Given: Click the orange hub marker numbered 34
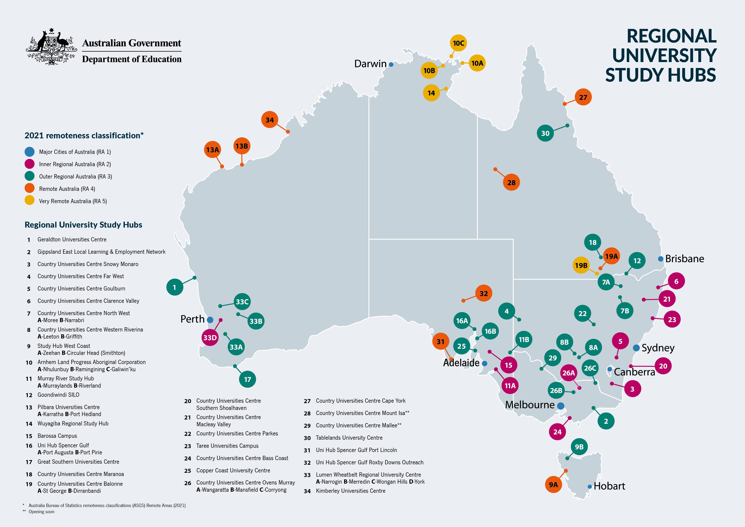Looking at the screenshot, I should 270,120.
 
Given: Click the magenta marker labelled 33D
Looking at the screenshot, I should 210,338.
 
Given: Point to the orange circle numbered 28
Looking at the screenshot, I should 511,183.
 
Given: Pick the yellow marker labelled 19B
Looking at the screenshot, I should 581,265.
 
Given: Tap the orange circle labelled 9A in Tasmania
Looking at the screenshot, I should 553,484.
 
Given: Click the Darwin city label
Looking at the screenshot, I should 370,64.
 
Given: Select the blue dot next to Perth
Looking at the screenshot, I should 210,320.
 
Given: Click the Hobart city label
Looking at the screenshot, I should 609,486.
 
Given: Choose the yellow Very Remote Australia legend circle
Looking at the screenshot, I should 30,200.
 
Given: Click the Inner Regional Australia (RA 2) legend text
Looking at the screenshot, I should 75,164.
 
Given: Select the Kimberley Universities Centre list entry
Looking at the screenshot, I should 350,491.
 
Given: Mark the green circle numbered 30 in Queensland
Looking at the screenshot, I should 545,133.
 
